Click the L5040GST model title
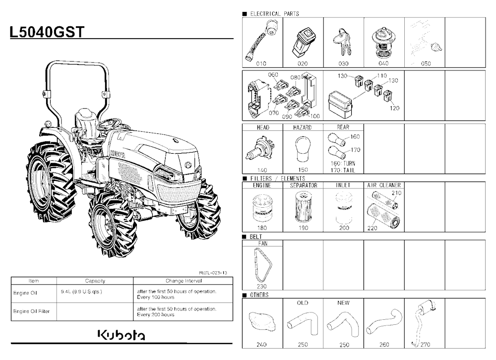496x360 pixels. (x=47, y=32)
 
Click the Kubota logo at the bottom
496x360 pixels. (x=122, y=335)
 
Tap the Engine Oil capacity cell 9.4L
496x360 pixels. (x=81, y=292)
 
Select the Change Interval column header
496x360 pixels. (x=184, y=281)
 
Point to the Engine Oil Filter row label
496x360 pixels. (x=31, y=311)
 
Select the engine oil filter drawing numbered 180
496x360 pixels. (x=262, y=208)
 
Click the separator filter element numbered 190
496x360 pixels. (x=303, y=208)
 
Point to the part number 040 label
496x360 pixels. (x=383, y=63)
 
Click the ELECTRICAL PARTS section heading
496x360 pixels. (x=274, y=13)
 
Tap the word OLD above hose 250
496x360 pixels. (x=303, y=303)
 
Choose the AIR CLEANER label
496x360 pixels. (x=384, y=185)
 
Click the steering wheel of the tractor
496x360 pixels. (x=109, y=123)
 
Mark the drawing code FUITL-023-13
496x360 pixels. (x=213, y=273)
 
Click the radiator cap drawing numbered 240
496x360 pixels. (x=262, y=322)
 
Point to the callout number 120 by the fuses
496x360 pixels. (x=394, y=108)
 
